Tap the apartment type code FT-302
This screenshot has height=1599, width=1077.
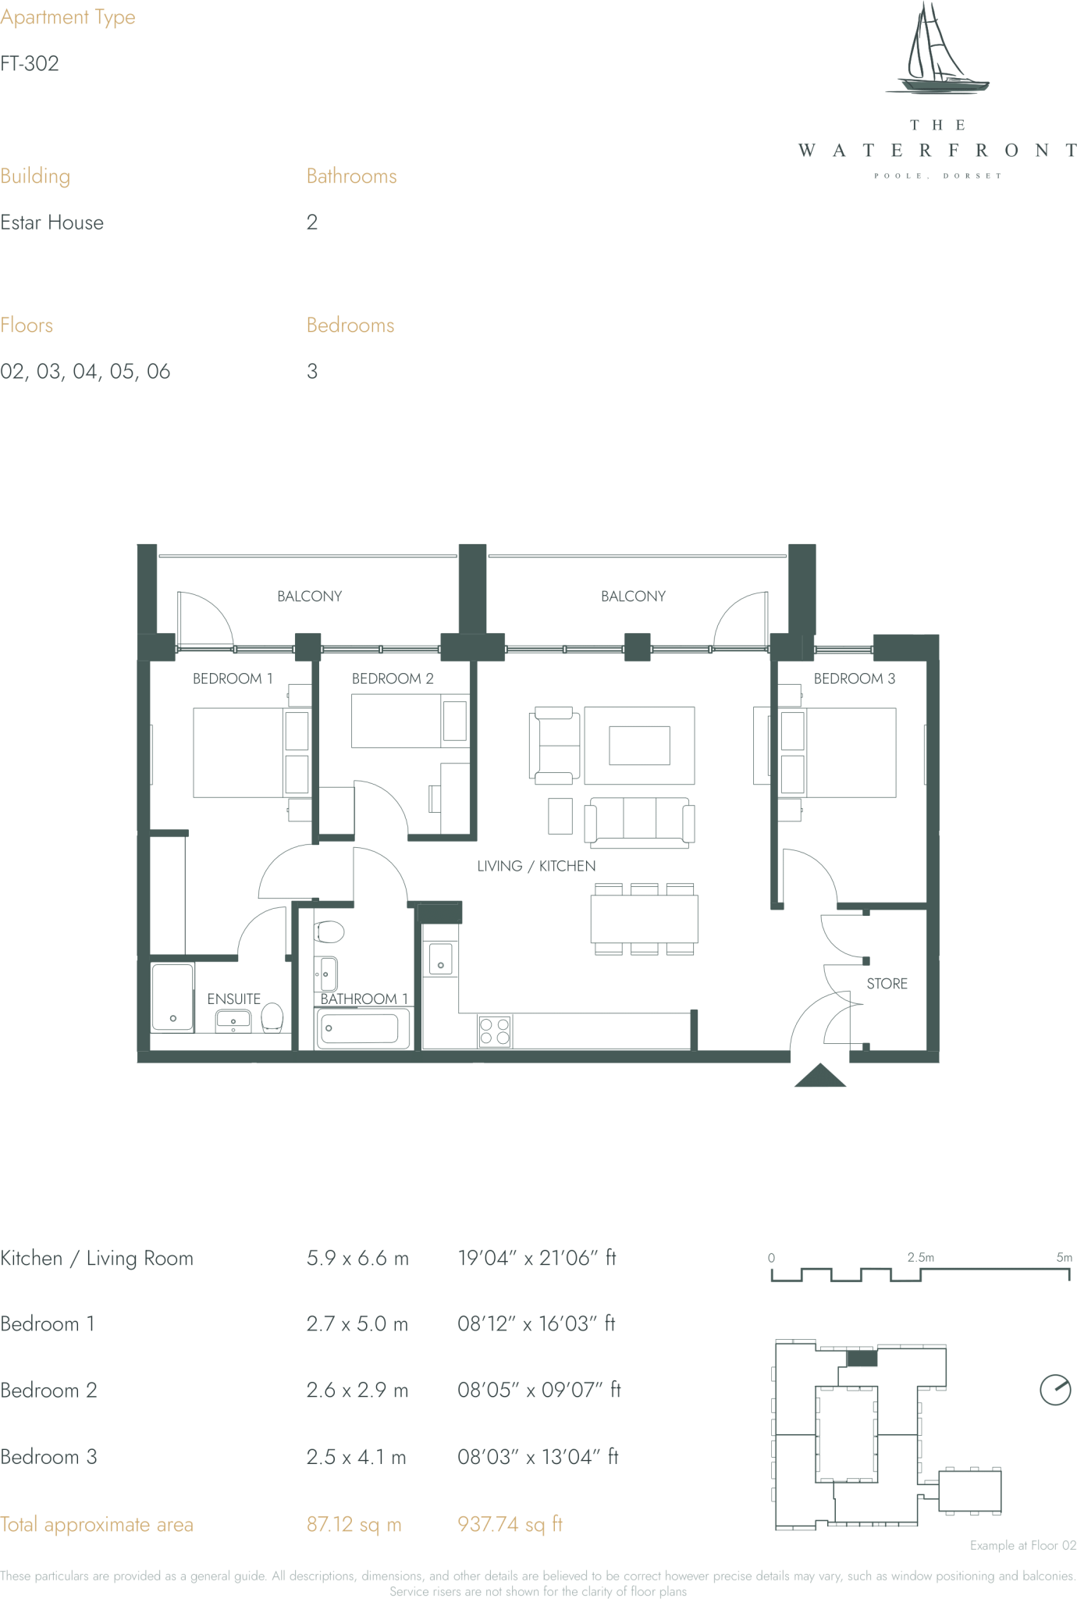30,64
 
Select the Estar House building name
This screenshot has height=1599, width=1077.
52,223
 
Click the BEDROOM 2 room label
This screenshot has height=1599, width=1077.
392,678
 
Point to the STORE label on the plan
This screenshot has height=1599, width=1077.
887,984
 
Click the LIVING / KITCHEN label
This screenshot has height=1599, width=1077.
536,866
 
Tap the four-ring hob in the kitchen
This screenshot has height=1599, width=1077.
495,1031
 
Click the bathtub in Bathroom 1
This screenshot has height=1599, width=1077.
363,1028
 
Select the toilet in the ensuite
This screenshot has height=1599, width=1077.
272,1017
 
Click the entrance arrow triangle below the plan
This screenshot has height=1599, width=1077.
819,1077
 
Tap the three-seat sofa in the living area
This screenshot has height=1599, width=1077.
639,822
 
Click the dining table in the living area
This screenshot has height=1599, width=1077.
644,919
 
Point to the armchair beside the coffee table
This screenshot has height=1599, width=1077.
554,746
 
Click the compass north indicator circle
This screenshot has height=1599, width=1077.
1055,1389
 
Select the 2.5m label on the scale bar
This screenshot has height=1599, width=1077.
920,1257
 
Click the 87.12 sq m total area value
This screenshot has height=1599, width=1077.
354,1524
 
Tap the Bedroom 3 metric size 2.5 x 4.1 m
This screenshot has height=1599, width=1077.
356,1457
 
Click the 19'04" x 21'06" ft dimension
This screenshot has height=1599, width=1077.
536,1258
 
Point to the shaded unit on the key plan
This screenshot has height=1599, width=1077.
862,1358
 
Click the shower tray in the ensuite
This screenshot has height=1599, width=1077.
172,997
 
